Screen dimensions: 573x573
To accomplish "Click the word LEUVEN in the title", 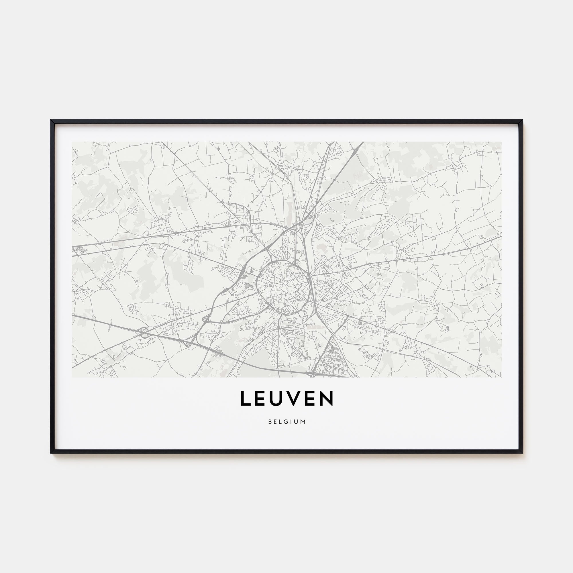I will (x=286, y=398).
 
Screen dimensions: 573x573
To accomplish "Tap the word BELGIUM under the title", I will (x=286, y=421).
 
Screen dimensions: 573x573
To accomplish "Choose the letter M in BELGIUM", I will (x=303, y=421).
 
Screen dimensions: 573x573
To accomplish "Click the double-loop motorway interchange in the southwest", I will (x=144, y=332).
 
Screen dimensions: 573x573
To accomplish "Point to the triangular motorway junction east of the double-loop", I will (x=187, y=344).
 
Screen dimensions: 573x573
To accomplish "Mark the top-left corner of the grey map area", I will (x=72, y=142).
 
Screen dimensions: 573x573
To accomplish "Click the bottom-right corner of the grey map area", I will (x=501, y=377).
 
